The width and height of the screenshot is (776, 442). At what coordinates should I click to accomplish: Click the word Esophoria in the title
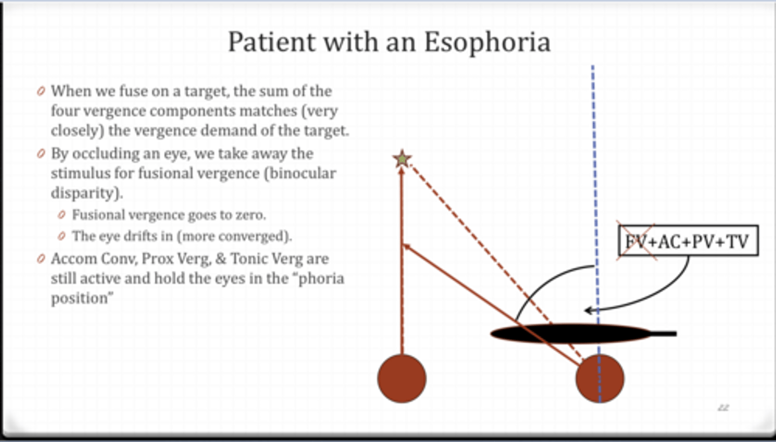coord(487,42)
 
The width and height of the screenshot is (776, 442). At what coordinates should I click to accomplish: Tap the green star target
coord(402,159)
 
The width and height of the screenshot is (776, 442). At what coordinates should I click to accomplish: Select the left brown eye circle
coord(401,378)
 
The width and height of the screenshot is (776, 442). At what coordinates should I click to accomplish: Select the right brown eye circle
coord(600,378)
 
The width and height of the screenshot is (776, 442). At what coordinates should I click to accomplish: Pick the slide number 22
coord(723,408)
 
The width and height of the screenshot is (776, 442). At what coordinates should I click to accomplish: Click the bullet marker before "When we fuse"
coord(41,92)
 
